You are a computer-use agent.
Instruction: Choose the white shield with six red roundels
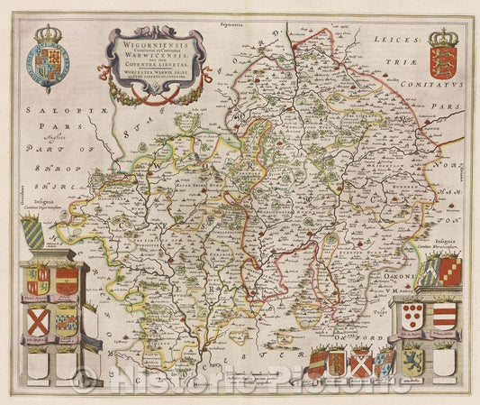tap(413, 315)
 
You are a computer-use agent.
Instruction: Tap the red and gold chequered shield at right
tap(450, 270)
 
